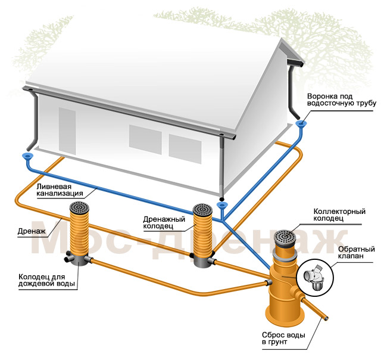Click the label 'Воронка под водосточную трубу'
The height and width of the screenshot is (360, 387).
[341, 100]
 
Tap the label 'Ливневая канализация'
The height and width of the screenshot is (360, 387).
[60, 190]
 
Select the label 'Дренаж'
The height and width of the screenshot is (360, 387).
[32, 231]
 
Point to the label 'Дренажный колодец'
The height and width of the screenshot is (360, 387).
[164, 223]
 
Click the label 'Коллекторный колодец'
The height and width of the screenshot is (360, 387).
[339, 215]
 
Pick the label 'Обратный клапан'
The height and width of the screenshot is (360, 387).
[357, 252]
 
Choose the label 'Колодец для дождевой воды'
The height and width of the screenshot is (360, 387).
[46, 280]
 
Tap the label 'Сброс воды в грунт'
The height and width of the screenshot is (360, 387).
[283, 339]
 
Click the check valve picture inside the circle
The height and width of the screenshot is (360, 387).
[314, 277]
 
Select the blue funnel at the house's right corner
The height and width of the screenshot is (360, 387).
[301, 123]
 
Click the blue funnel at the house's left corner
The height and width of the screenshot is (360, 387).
[27, 156]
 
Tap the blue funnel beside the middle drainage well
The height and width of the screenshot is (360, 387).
[222, 205]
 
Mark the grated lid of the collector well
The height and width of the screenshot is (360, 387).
[285, 237]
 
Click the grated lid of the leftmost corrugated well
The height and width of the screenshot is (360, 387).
[79, 208]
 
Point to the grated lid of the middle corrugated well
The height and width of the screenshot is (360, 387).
[202, 210]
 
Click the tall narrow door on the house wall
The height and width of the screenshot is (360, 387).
[67, 131]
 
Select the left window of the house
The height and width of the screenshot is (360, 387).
[145, 139]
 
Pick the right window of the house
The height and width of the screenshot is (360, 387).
[185, 149]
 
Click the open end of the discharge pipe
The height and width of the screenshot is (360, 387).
[326, 319]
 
